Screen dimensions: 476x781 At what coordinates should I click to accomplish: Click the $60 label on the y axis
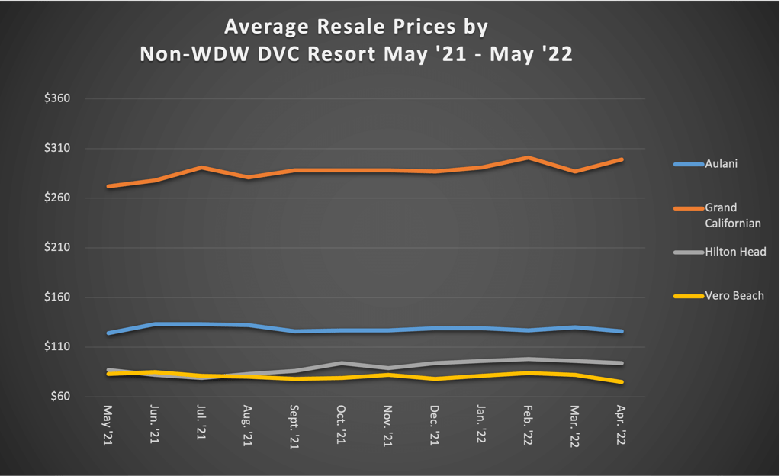pos(59,397)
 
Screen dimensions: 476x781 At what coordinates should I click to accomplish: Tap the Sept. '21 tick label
pos(294,426)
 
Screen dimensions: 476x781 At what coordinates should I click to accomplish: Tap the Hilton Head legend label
pos(735,252)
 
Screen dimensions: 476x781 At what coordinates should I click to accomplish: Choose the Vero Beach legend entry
pos(734,296)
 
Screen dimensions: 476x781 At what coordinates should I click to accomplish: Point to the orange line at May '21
pos(108,186)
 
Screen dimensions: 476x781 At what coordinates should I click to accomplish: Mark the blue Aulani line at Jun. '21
pos(155,324)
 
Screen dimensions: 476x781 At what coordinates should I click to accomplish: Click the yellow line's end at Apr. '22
pos(622,382)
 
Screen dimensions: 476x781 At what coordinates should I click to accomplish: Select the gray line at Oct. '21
pos(342,363)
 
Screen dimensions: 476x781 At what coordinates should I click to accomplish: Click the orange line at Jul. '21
pos(201,167)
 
